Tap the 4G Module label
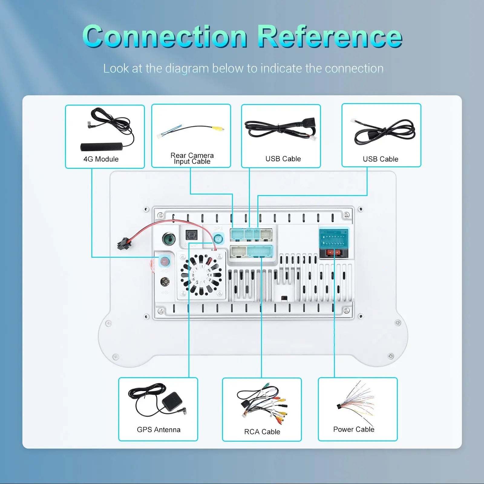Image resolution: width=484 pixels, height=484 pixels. click(x=101, y=159)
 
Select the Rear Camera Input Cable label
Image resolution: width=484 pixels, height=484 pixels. click(x=192, y=158)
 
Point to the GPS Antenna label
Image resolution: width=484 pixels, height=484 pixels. click(x=159, y=430)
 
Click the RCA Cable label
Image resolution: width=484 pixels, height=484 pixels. click(x=262, y=432)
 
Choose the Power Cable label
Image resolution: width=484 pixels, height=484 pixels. click(x=354, y=429)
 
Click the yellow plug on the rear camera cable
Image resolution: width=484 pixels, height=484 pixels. click(x=218, y=129)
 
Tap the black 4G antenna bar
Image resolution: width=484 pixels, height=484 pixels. click(x=102, y=147)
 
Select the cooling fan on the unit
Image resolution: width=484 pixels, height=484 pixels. click(x=201, y=275)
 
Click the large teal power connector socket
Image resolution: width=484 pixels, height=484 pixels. click(x=334, y=238)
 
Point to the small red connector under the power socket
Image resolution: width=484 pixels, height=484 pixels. click(x=334, y=253)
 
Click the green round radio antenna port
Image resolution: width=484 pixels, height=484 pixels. click(x=168, y=239)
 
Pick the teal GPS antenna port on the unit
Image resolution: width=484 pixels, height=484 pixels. click(x=218, y=239)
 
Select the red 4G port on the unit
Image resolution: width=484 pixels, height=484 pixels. click(x=164, y=261)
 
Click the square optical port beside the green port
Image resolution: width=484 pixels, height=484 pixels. click(x=191, y=235)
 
